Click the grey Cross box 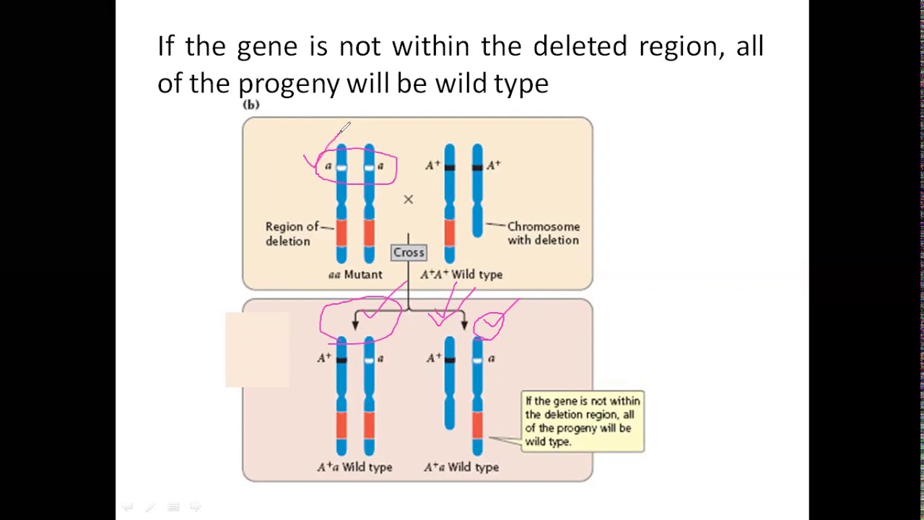pos(409,252)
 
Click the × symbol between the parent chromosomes pos(408,199)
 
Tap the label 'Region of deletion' pos(292,233)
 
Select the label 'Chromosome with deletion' pos(543,233)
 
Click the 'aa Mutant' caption pos(355,274)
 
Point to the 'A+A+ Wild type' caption pos(461,274)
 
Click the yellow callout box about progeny pos(582,421)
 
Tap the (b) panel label pos(250,105)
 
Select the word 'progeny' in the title pos(289,84)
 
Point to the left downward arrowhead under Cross pos(355,324)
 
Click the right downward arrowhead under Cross pos(464,324)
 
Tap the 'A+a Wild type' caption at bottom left pos(354,467)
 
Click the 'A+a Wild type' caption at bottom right pos(461,467)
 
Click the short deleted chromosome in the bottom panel pos(450,383)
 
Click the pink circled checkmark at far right pos(491,323)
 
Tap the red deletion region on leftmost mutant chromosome pos(341,233)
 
